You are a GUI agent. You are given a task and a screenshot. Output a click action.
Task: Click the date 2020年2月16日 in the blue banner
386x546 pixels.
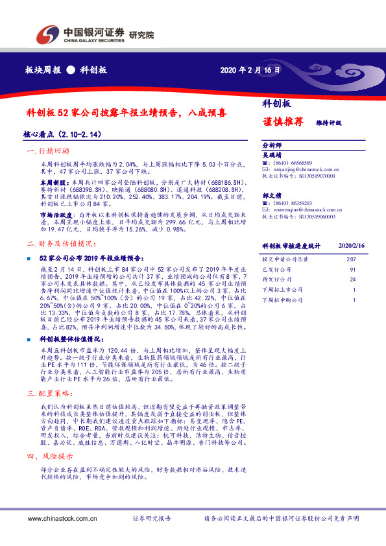pyautogui.click(x=250, y=69)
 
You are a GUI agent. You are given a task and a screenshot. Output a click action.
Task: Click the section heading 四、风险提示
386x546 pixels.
pyautogui.click(x=53, y=457)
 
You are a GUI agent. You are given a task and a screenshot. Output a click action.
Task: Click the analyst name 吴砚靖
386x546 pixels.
pyautogui.click(x=273, y=155)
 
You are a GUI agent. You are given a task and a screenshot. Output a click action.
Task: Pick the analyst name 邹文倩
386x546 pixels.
pyautogui.click(x=273, y=195)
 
